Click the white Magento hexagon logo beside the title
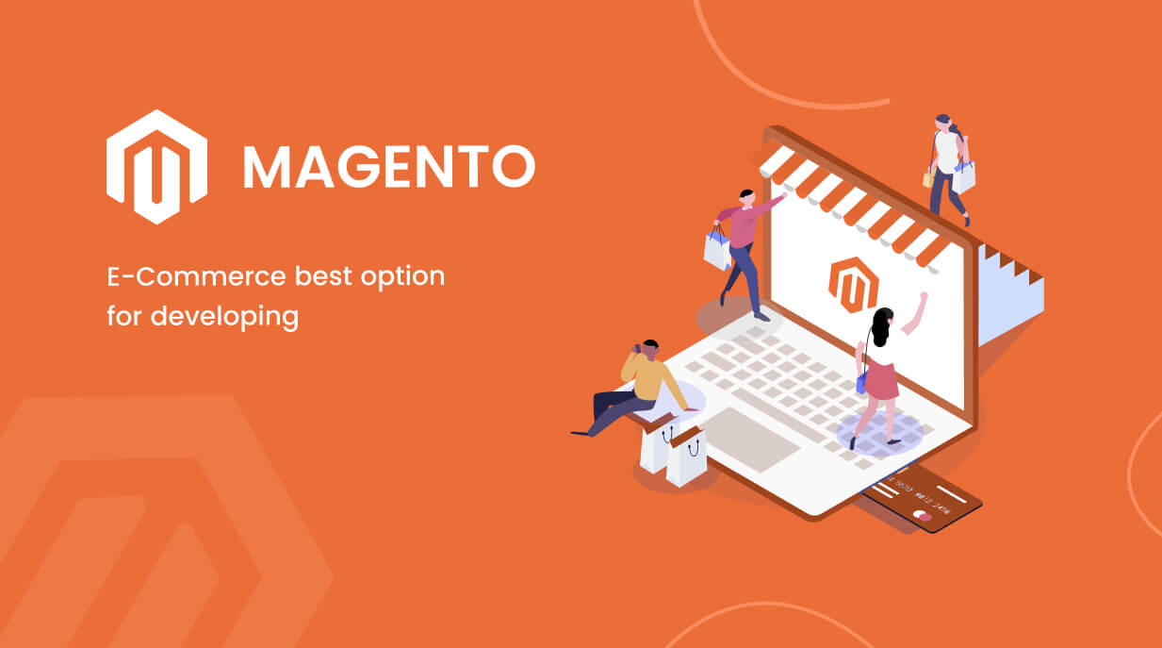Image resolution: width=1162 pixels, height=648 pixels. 156,166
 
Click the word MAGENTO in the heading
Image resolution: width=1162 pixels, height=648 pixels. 388,167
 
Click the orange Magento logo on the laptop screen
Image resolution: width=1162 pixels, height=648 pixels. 853,284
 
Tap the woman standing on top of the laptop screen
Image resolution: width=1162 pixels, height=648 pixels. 947,165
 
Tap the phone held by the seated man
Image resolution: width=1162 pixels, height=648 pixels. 636,349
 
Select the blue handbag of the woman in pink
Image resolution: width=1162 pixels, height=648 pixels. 861,381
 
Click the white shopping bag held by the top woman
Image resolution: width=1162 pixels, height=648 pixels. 963,176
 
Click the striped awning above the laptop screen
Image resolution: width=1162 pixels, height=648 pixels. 848,198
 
